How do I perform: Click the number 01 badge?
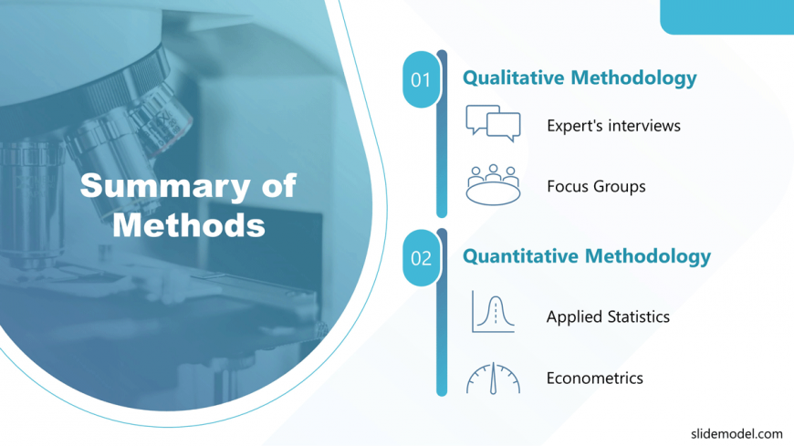tap(421, 79)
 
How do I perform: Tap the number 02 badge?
tap(421, 258)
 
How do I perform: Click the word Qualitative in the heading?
tap(514, 78)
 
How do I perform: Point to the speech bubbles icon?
tap(493, 123)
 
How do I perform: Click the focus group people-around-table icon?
tap(493, 185)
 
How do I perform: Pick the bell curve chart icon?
tap(493, 311)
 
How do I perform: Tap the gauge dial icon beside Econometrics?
tap(493, 379)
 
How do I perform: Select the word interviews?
tap(644, 125)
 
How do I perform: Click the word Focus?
tap(569, 186)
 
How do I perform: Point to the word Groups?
tap(621, 187)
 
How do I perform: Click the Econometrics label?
tap(594, 379)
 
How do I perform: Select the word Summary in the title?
tap(165, 187)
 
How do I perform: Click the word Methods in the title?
tap(189, 225)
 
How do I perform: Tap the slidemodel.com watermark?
tap(737, 434)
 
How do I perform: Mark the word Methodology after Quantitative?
tap(648, 257)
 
